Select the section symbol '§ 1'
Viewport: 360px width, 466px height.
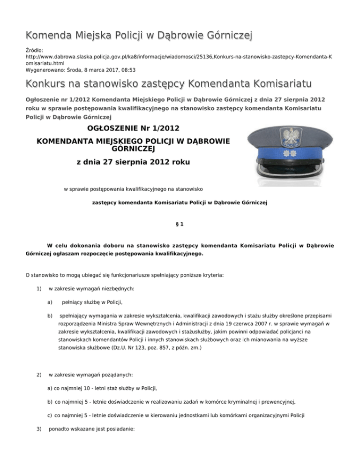click(180, 224)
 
